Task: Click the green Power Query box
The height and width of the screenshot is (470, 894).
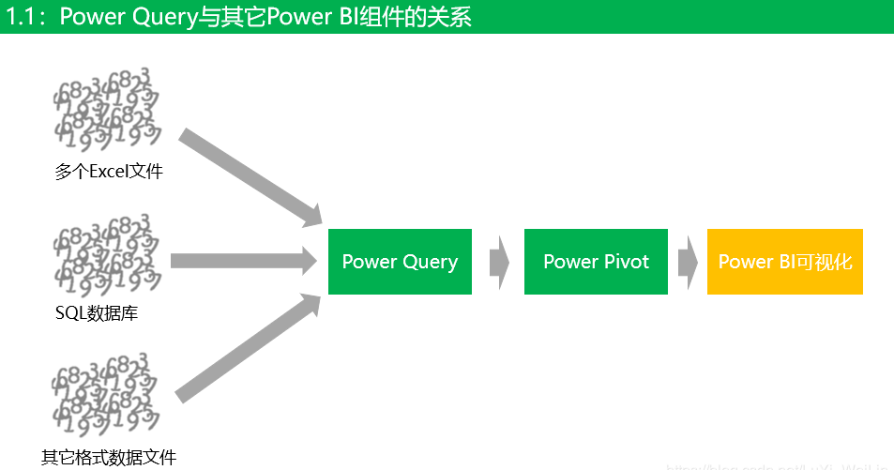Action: coord(400,262)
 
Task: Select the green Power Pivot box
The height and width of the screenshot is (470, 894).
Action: coord(596,262)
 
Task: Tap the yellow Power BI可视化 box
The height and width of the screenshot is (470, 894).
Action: coord(784,262)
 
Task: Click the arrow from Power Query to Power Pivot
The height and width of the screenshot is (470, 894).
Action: coord(498,262)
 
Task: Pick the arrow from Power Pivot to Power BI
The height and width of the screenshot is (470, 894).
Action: coord(688,262)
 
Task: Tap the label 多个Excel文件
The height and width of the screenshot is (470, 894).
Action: coord(109,172)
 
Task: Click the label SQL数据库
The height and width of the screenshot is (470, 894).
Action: coord(97,313)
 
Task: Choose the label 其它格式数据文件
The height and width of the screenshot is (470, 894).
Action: coord(109,458)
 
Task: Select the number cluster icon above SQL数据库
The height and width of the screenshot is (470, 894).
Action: coord(106,253)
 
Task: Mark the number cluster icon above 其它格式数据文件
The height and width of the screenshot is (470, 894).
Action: coord(106,395)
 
